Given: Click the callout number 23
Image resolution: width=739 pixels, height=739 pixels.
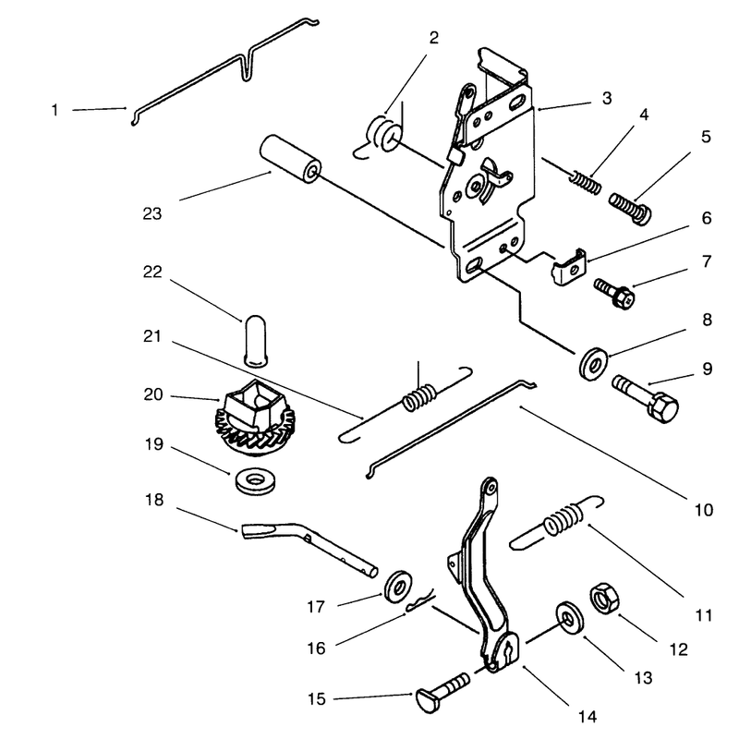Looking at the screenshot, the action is tap(152, 213).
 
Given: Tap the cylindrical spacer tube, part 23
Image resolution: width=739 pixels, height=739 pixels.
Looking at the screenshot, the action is tap(290, 159).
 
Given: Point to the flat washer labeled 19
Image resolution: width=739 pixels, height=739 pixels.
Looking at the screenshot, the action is tap(256, 481).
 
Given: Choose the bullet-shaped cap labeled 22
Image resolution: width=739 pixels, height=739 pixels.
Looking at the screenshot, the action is tap(256, 340).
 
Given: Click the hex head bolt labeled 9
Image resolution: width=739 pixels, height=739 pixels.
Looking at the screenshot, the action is tap(645, 398).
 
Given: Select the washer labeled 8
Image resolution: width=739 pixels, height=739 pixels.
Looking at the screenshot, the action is tap(593, 363).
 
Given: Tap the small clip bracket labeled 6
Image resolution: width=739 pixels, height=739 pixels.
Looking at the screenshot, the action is tap(569, 268).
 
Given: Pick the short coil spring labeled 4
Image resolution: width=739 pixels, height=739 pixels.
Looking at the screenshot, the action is tap(586, 183).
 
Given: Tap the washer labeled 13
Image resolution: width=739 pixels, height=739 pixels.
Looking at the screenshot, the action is tap(570, 617).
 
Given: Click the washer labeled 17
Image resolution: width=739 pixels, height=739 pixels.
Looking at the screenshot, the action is tap(398, 586).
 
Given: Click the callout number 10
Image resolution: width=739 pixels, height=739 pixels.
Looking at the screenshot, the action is tap(704, 510).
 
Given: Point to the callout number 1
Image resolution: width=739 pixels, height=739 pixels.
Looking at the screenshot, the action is tap(55, 110).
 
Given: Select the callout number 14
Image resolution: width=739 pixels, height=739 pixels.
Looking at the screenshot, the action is tap(588, 717).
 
